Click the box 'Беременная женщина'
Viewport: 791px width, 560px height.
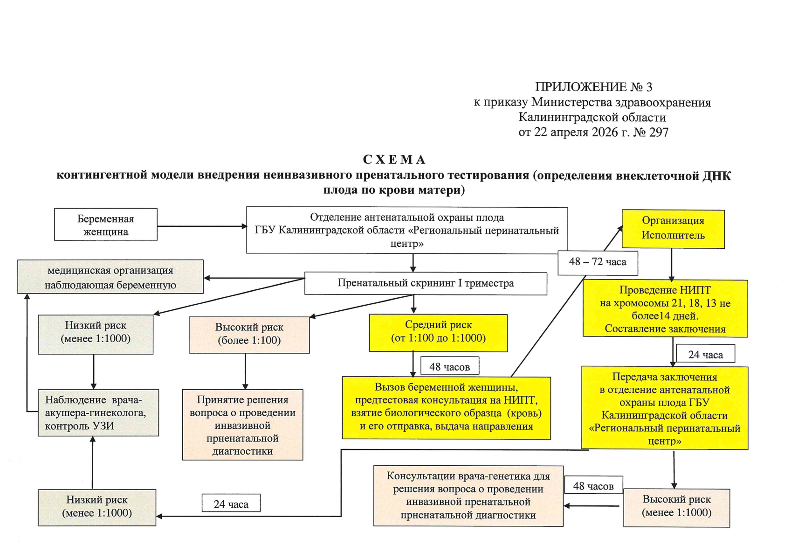point(106,224)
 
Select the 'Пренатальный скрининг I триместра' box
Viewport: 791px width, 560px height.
point(426,283)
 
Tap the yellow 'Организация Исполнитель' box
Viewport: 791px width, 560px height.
point(673,228)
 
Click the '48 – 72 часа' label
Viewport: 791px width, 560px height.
point(598,262)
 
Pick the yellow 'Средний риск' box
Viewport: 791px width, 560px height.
point(438,332)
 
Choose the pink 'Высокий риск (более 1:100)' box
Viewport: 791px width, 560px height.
point(249,334)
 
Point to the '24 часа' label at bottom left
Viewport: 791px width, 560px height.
point(231,504)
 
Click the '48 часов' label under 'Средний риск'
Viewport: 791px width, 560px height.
point(449,367)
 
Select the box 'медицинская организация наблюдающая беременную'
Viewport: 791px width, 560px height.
point(110,277)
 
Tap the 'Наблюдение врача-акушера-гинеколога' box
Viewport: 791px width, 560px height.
point(98,413)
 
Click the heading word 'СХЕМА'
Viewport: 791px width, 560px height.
point(394,160)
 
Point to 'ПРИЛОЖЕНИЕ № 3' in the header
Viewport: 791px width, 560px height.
point(593,87)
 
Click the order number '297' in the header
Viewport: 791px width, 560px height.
point(659,133)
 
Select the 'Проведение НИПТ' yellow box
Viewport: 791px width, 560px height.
point(665,309)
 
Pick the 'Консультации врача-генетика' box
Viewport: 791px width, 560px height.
point(468,496)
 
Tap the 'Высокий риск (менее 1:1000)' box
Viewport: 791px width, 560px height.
point(676,507)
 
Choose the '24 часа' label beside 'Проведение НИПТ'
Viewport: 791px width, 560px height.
point(705,354)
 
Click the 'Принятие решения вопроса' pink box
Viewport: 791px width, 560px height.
point(242,425)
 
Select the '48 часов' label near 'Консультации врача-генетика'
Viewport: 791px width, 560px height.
point(593,486)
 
